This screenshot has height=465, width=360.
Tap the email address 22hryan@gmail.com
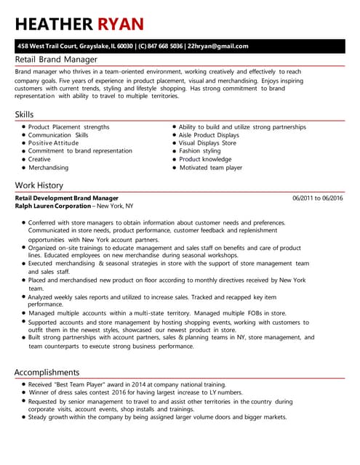coord(217,46)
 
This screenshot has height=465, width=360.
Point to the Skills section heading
coord(24,115)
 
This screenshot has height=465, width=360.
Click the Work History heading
coord(39,185)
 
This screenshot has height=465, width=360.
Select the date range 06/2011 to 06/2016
coord(317,198)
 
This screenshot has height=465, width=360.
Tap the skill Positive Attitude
coord(53,143)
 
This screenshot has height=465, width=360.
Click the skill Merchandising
coord(48,167)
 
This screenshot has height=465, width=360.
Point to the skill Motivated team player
coord(210,167)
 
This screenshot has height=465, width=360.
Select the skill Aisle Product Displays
coord(209,135)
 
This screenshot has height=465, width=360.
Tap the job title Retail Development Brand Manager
coord(66,198)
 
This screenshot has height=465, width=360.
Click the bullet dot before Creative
coord(24,159)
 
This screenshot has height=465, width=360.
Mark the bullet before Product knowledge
coord(174,159)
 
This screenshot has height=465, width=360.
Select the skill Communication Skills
coord(58,135)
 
